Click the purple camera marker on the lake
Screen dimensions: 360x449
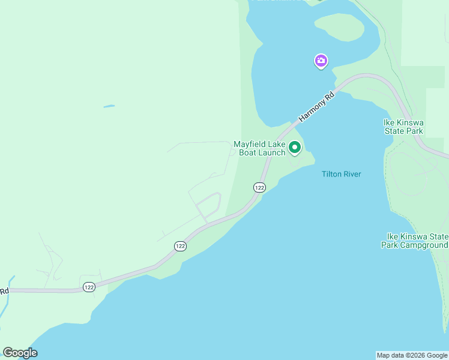tap(321, 61)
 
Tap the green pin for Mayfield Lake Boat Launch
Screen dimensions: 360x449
tap(295, 146)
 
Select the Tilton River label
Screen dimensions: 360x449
tap(342, 174)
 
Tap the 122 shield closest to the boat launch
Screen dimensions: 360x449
tap(259, 187)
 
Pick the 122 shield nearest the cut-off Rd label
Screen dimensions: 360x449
tap(89, 287)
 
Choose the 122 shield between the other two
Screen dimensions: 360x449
tap(180, 246)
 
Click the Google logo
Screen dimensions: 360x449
tap(20, 353)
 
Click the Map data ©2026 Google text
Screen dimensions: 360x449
tap(412, 355)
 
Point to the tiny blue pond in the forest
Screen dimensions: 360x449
tap(109, 107)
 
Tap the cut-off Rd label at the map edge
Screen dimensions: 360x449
tap(4, 292)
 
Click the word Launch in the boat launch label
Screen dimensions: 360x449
tap(271, 152)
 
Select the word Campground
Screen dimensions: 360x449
tap(426, 245)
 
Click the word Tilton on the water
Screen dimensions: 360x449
tap(332, 174)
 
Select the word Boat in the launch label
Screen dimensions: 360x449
tap(248, 152)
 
